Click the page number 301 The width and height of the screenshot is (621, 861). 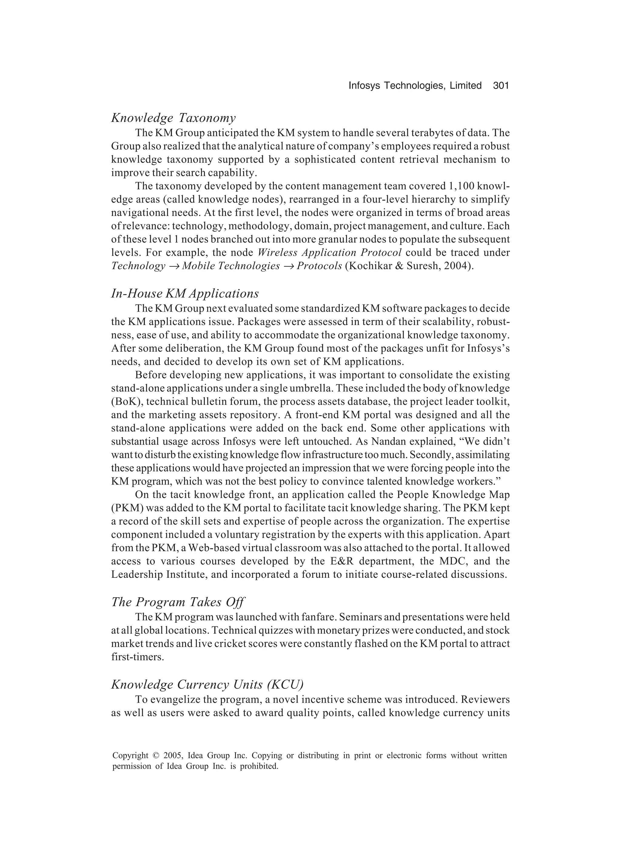click(x=501, y=86)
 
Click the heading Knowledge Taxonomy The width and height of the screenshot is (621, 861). click(x=173, y=118)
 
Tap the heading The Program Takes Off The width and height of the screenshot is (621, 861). click(x=178, y=602)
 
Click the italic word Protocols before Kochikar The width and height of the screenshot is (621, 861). click(x=319, y=266)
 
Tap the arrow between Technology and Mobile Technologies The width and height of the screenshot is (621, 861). click(x=174, y=266)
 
